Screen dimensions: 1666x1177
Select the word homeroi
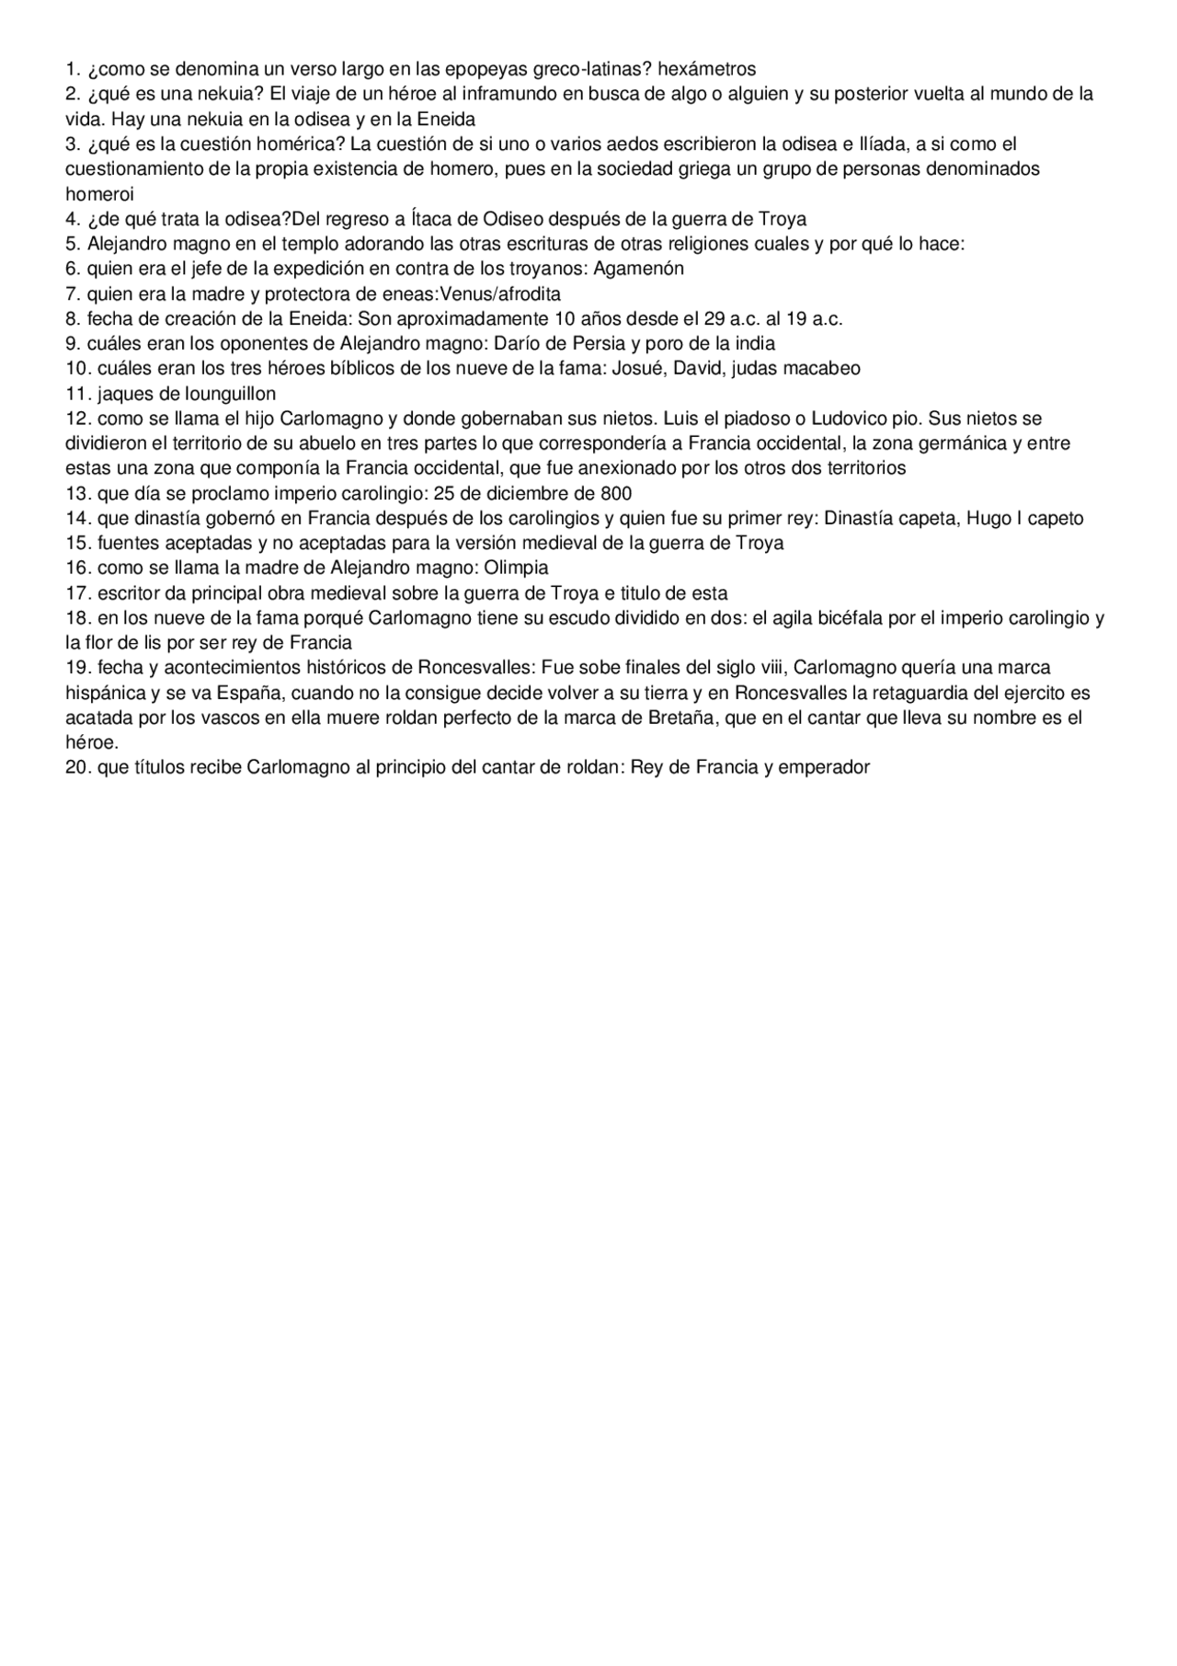click(x=99, y=194)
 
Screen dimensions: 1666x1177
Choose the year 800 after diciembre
click(x=616, y=493)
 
